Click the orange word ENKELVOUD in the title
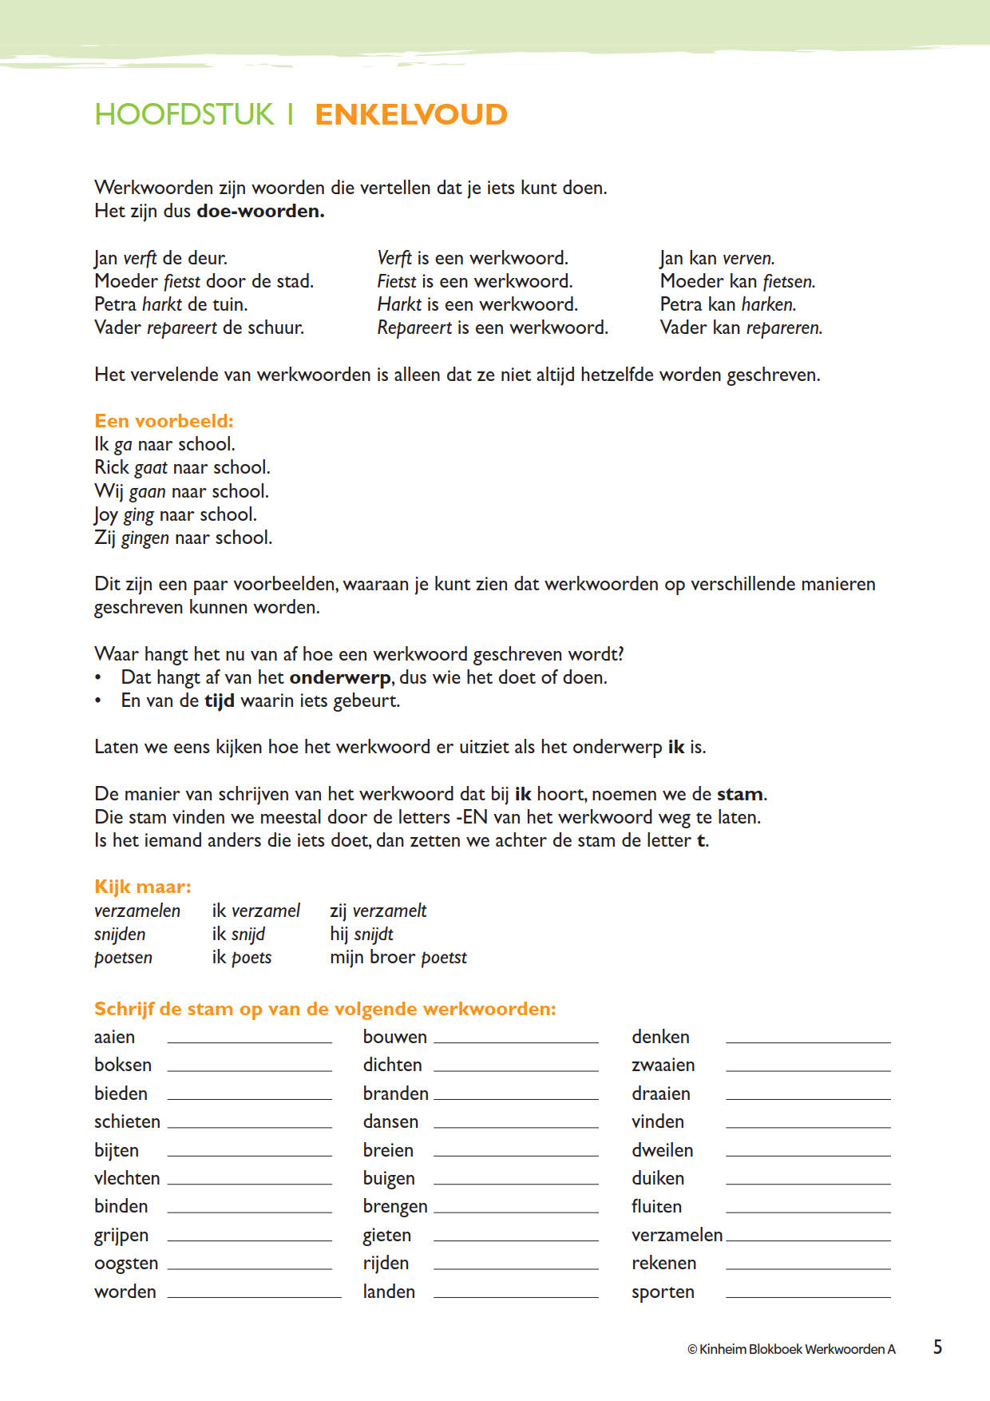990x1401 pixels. pos(411,114)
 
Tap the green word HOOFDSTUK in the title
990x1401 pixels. pos(184,114)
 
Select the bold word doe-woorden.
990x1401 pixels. pos(260,211)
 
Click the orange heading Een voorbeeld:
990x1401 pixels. pos(164,421)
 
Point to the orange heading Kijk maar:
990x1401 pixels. pos(143,887)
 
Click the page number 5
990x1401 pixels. pos(937,1347)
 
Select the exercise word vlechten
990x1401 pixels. pos(127,1178)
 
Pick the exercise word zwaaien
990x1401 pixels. pos(663,1065)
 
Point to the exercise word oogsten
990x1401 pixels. pos(126,1264)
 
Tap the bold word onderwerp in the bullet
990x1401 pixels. pos(340,677)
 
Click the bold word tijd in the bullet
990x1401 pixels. pos(220,700)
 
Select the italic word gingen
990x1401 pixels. pos(145,538)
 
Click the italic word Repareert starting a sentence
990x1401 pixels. pos(414,327)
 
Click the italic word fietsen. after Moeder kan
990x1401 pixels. pos(789,281)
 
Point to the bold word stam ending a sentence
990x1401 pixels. pos(740,794)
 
